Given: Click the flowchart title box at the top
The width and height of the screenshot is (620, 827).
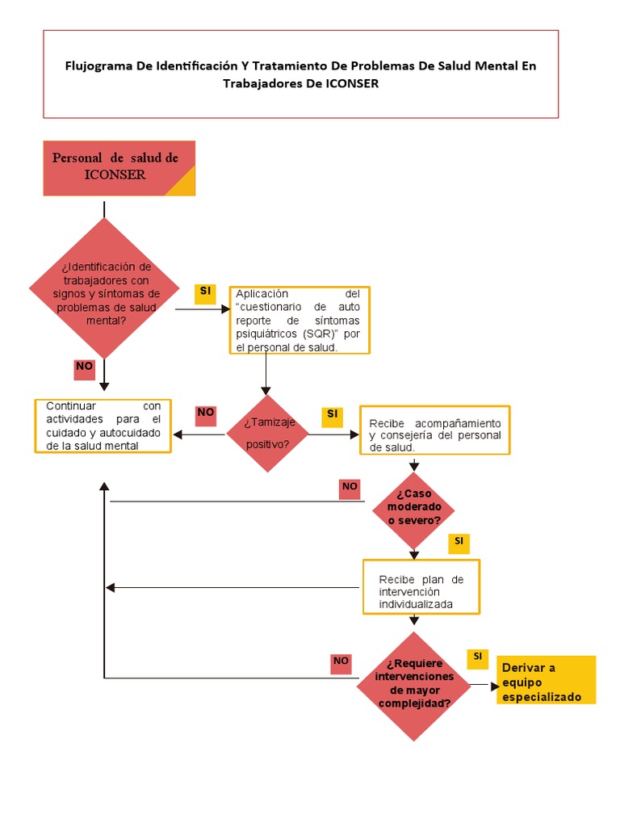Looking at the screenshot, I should coord(300,74).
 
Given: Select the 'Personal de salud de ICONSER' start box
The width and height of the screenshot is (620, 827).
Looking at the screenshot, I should coord(119,168).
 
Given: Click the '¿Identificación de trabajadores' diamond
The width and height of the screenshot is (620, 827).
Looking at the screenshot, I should coord(105,288).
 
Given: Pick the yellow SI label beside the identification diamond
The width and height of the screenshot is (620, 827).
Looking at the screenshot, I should coord(205,292).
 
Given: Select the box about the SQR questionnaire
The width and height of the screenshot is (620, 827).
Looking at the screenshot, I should coord(300,320).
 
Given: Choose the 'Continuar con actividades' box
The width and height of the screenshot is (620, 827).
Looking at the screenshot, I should coord(103,426).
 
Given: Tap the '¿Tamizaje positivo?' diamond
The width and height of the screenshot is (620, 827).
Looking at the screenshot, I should coord(267,434).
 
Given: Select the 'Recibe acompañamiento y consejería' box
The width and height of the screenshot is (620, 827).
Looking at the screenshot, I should coord(434,430).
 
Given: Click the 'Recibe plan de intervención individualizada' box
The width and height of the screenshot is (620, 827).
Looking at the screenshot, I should coord(421,586).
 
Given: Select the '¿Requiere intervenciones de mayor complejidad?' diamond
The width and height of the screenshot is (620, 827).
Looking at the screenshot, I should coord(414,686).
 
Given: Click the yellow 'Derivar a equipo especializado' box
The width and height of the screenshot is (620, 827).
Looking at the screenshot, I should coord(546,679).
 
